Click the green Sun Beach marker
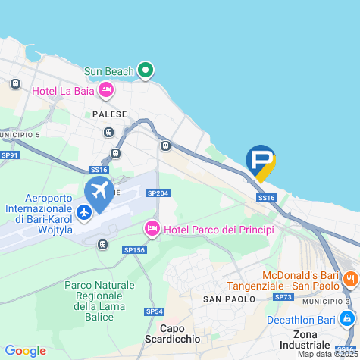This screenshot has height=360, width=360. [x=146, y=72]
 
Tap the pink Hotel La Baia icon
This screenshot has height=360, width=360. [x=107, y=92]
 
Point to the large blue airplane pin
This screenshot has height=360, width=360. [x=99, y=191]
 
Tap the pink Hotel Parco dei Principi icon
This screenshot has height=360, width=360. [x=152, y=228]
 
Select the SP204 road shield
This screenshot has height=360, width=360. [x=157, y=193]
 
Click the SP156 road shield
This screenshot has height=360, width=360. [x=133, y=249]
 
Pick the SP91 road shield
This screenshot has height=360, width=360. [x=9, y=155]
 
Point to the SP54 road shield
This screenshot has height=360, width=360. [x=154, y=311]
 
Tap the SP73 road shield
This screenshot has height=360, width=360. [x=283, y=297]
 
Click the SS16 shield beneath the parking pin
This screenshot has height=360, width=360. [x=265, y=198]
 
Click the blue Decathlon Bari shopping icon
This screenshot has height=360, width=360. [x=347, y=320]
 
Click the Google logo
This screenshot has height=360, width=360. [x=25, y=351]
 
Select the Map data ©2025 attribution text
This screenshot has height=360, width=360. [x=327, y=354]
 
